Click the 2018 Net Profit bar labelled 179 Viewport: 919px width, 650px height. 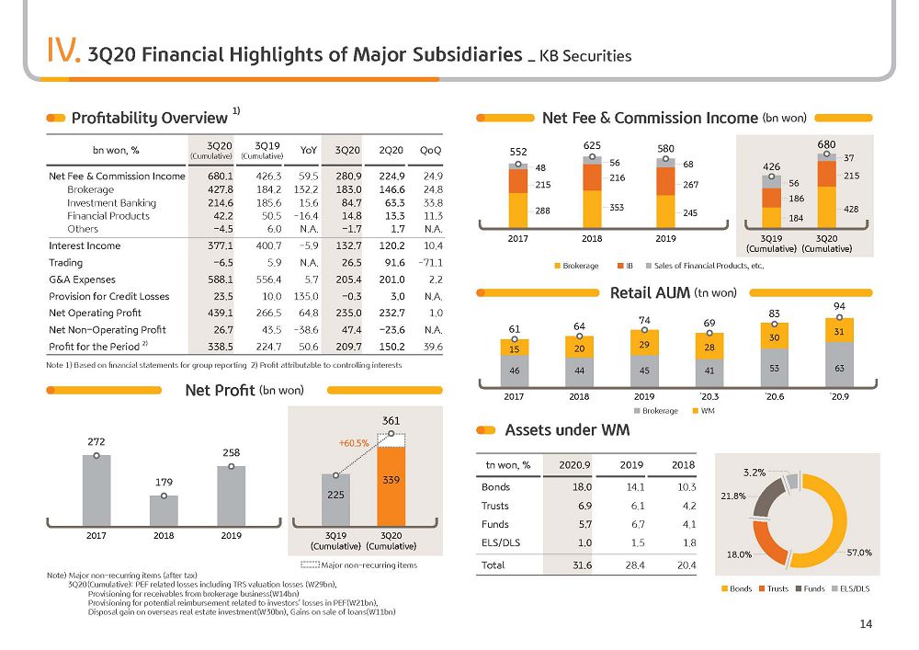164,510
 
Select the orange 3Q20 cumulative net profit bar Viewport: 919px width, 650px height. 391,486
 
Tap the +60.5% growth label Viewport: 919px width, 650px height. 354,443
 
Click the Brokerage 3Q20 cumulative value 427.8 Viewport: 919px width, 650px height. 221,189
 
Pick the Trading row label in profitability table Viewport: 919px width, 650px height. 65,263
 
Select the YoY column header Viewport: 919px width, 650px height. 308,150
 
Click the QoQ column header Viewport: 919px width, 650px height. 431,150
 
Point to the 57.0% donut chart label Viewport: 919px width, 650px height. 859,553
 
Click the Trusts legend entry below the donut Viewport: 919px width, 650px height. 774,588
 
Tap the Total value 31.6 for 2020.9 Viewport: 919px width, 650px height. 582,565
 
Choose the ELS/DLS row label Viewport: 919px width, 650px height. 501,542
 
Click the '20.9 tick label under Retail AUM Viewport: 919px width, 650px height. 839,397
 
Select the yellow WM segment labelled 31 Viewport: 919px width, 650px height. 839,330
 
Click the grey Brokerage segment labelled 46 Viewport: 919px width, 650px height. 514,371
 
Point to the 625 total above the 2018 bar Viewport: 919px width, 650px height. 592,145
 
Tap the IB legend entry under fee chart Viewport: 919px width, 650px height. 625,266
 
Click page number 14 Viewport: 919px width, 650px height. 866,624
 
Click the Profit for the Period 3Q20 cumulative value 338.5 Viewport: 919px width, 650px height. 221,347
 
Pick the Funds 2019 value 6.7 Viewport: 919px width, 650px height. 638,524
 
